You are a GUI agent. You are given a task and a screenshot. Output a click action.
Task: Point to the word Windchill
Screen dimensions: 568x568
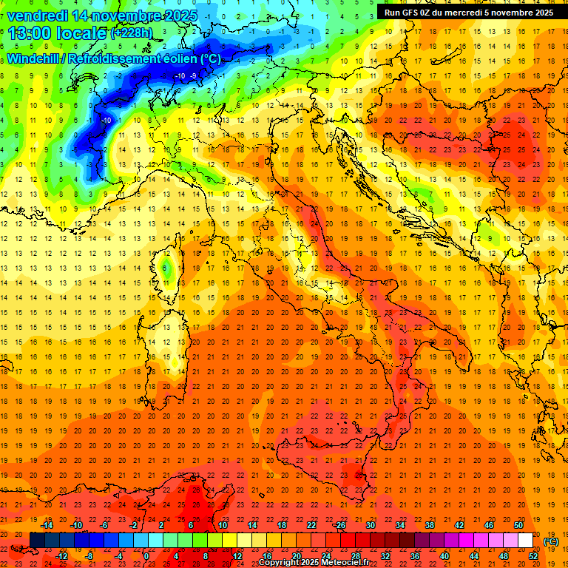tap(33, 58)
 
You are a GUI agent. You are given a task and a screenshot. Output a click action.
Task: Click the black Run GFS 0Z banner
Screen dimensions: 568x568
tap(471, 13)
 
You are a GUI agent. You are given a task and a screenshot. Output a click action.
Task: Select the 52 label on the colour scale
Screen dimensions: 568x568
tap(533, 556)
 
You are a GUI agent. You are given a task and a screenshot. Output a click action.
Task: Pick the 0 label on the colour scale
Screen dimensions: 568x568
tap(146, 556)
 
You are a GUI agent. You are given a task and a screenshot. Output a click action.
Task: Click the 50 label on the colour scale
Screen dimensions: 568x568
tap(518, 525)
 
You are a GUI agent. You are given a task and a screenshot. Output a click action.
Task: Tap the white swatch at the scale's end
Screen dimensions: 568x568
tap(525, 541)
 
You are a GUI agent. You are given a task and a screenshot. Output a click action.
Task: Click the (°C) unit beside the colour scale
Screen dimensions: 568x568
tap(551, 541)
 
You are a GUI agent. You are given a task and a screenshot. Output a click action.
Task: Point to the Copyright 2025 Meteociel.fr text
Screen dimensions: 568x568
tap(314, 563)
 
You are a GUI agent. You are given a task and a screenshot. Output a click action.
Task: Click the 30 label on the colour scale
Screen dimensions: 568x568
tap(371, 525)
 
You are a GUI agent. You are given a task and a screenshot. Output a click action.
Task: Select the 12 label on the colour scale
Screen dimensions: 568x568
tap(237, 556)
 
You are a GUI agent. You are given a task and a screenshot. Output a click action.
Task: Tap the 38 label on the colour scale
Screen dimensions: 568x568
tap(430, 525)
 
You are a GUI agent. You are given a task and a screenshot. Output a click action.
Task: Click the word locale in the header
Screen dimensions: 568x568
tap(81, 32)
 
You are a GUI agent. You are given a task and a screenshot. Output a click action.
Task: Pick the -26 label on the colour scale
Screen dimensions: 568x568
tap(340, 525)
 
